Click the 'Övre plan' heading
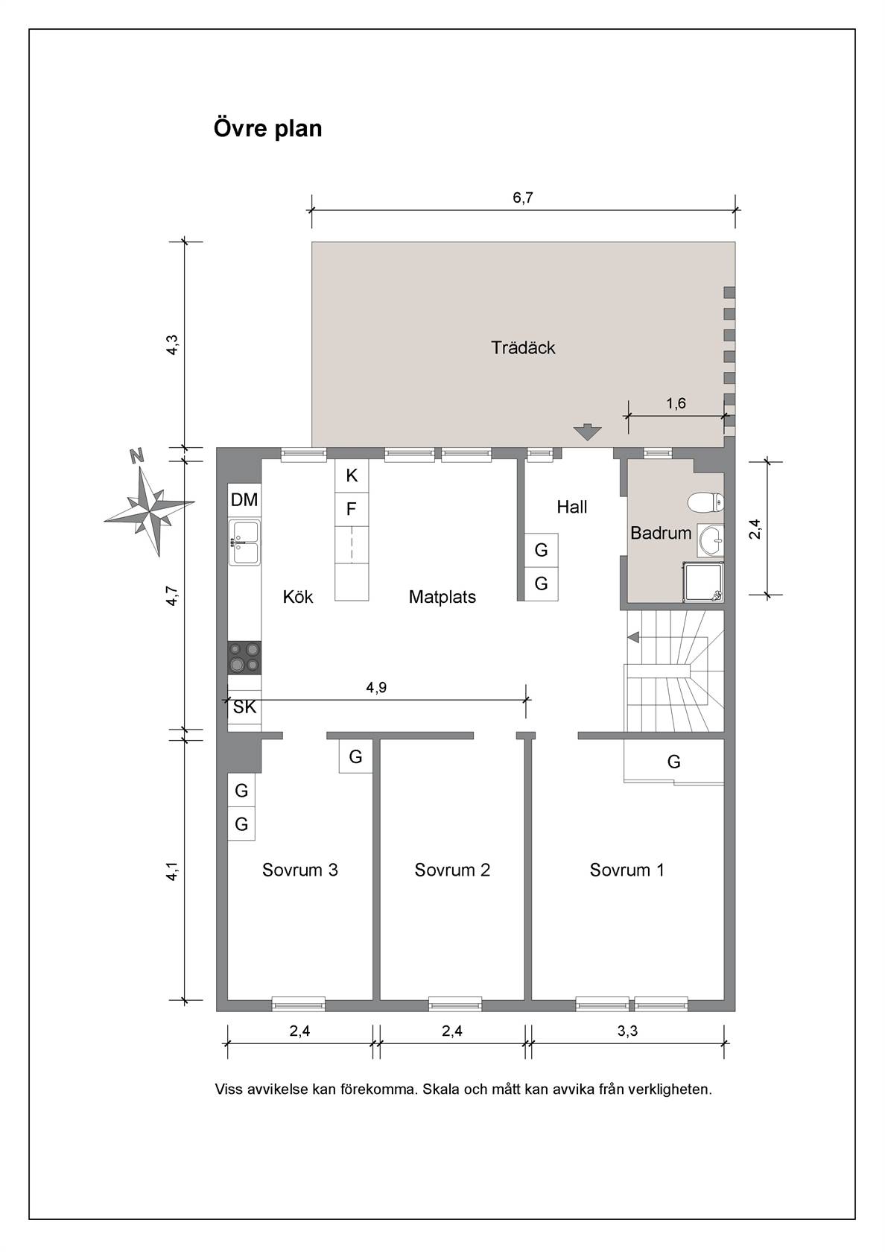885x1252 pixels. [x=267, y=128]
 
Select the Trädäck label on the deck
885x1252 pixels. [x=523, y=347]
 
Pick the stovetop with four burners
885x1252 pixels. [x=244, y=657]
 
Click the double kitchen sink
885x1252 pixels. [x=244, y=543]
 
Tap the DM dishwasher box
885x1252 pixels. [x=244, y=499]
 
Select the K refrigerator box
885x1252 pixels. [x=352, y=475]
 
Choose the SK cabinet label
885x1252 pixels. [x=244, y=708]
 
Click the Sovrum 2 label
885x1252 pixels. [x=452, y=870]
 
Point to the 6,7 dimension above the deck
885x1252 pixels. [x=523, y=197]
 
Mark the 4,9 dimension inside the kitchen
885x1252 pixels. [x=376, y=687]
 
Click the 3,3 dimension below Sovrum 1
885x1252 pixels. [x=627, y=1030]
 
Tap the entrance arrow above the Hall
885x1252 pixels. [x=587, y=432]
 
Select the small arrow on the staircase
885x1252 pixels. [x=633, y=636]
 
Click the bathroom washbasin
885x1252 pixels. [x=711, y=540]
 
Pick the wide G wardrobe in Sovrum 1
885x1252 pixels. [x=673, y=762]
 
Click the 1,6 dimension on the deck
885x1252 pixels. [x=676, y=403]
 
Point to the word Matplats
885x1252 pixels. [x=442, y=597]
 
